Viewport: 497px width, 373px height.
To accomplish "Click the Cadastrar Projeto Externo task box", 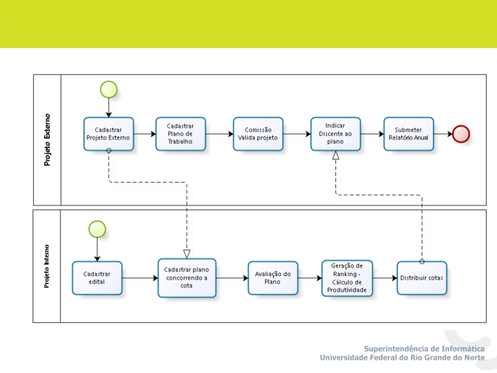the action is pyautogui.click(x=109, y=134).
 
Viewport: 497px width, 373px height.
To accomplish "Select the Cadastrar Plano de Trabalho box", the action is pyautogui.click(x=181, y=134).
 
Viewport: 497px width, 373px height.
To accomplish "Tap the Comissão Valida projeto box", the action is pyautogui.click(x=258, y=134).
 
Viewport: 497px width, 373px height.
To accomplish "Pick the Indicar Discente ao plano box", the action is pyautogui.click(x=335, y=134).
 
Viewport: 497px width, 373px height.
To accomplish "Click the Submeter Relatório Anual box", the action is pyautogui.click(x=408, y=134).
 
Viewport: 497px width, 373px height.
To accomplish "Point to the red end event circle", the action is pyautogui.click(x=461, y=134).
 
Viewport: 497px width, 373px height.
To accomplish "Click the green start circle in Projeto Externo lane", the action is pyautogui.click(x=109, y=90).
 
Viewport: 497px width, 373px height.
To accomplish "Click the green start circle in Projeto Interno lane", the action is pyautogui.click(x=97, y=229).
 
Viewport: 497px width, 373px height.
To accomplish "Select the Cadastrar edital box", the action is pyautogui.click(x=97, y=278).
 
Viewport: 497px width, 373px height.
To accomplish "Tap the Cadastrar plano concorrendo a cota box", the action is pyautogui.click(x=187, y=278).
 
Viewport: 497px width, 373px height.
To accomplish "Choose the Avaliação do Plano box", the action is pyautogui.click(x=273, y=278).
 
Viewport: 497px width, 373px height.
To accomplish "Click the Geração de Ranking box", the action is pyautogui.click(x=347, y=278).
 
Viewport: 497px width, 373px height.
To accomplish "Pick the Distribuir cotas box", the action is pyautogui.click(x=422, y=278).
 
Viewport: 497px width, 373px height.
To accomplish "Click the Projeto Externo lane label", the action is pyautogui.click(x=47, y=140).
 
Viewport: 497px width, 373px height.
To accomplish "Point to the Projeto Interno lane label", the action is pyautogui.click(x=47, y=266).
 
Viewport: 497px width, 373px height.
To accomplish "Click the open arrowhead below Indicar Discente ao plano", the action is pyautogui.click(x=335, y=155).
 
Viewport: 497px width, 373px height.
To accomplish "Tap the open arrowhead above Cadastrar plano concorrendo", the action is pyautogui.click(x=187, y=254).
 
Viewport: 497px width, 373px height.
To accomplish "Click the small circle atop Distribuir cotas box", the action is pyautogui.click(x=422, y=262).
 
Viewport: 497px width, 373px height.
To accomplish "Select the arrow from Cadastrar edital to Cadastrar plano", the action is pyautogui.click(x=140, y=278).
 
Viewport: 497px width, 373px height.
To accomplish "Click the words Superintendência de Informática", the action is pyautogui.click(x=425, y=349).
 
